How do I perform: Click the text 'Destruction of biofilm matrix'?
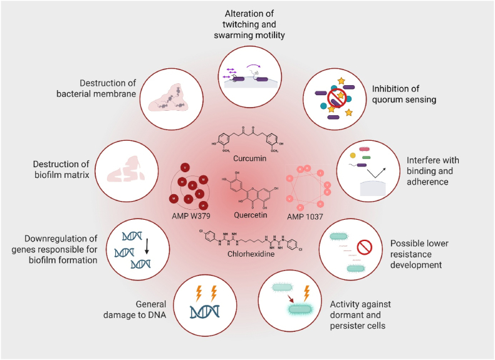click(62, 170)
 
